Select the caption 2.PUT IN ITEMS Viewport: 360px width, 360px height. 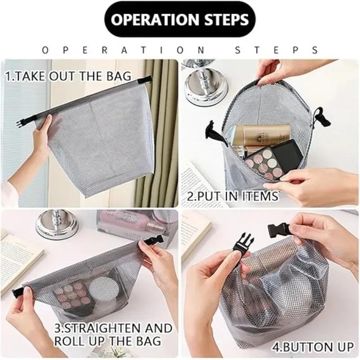click(x=232, y=196)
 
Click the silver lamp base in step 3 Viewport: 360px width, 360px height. click(x=57, y=225)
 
